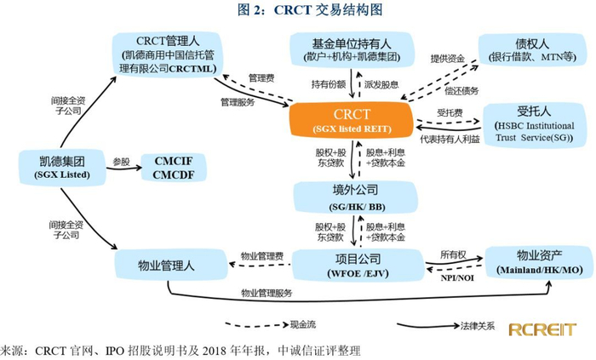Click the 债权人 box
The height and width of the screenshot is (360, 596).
tap(532, 50)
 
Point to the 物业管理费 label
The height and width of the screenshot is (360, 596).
tap(262, 255)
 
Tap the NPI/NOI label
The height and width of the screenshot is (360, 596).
tap(455, 277)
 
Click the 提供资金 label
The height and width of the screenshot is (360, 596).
tap(450, 59)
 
